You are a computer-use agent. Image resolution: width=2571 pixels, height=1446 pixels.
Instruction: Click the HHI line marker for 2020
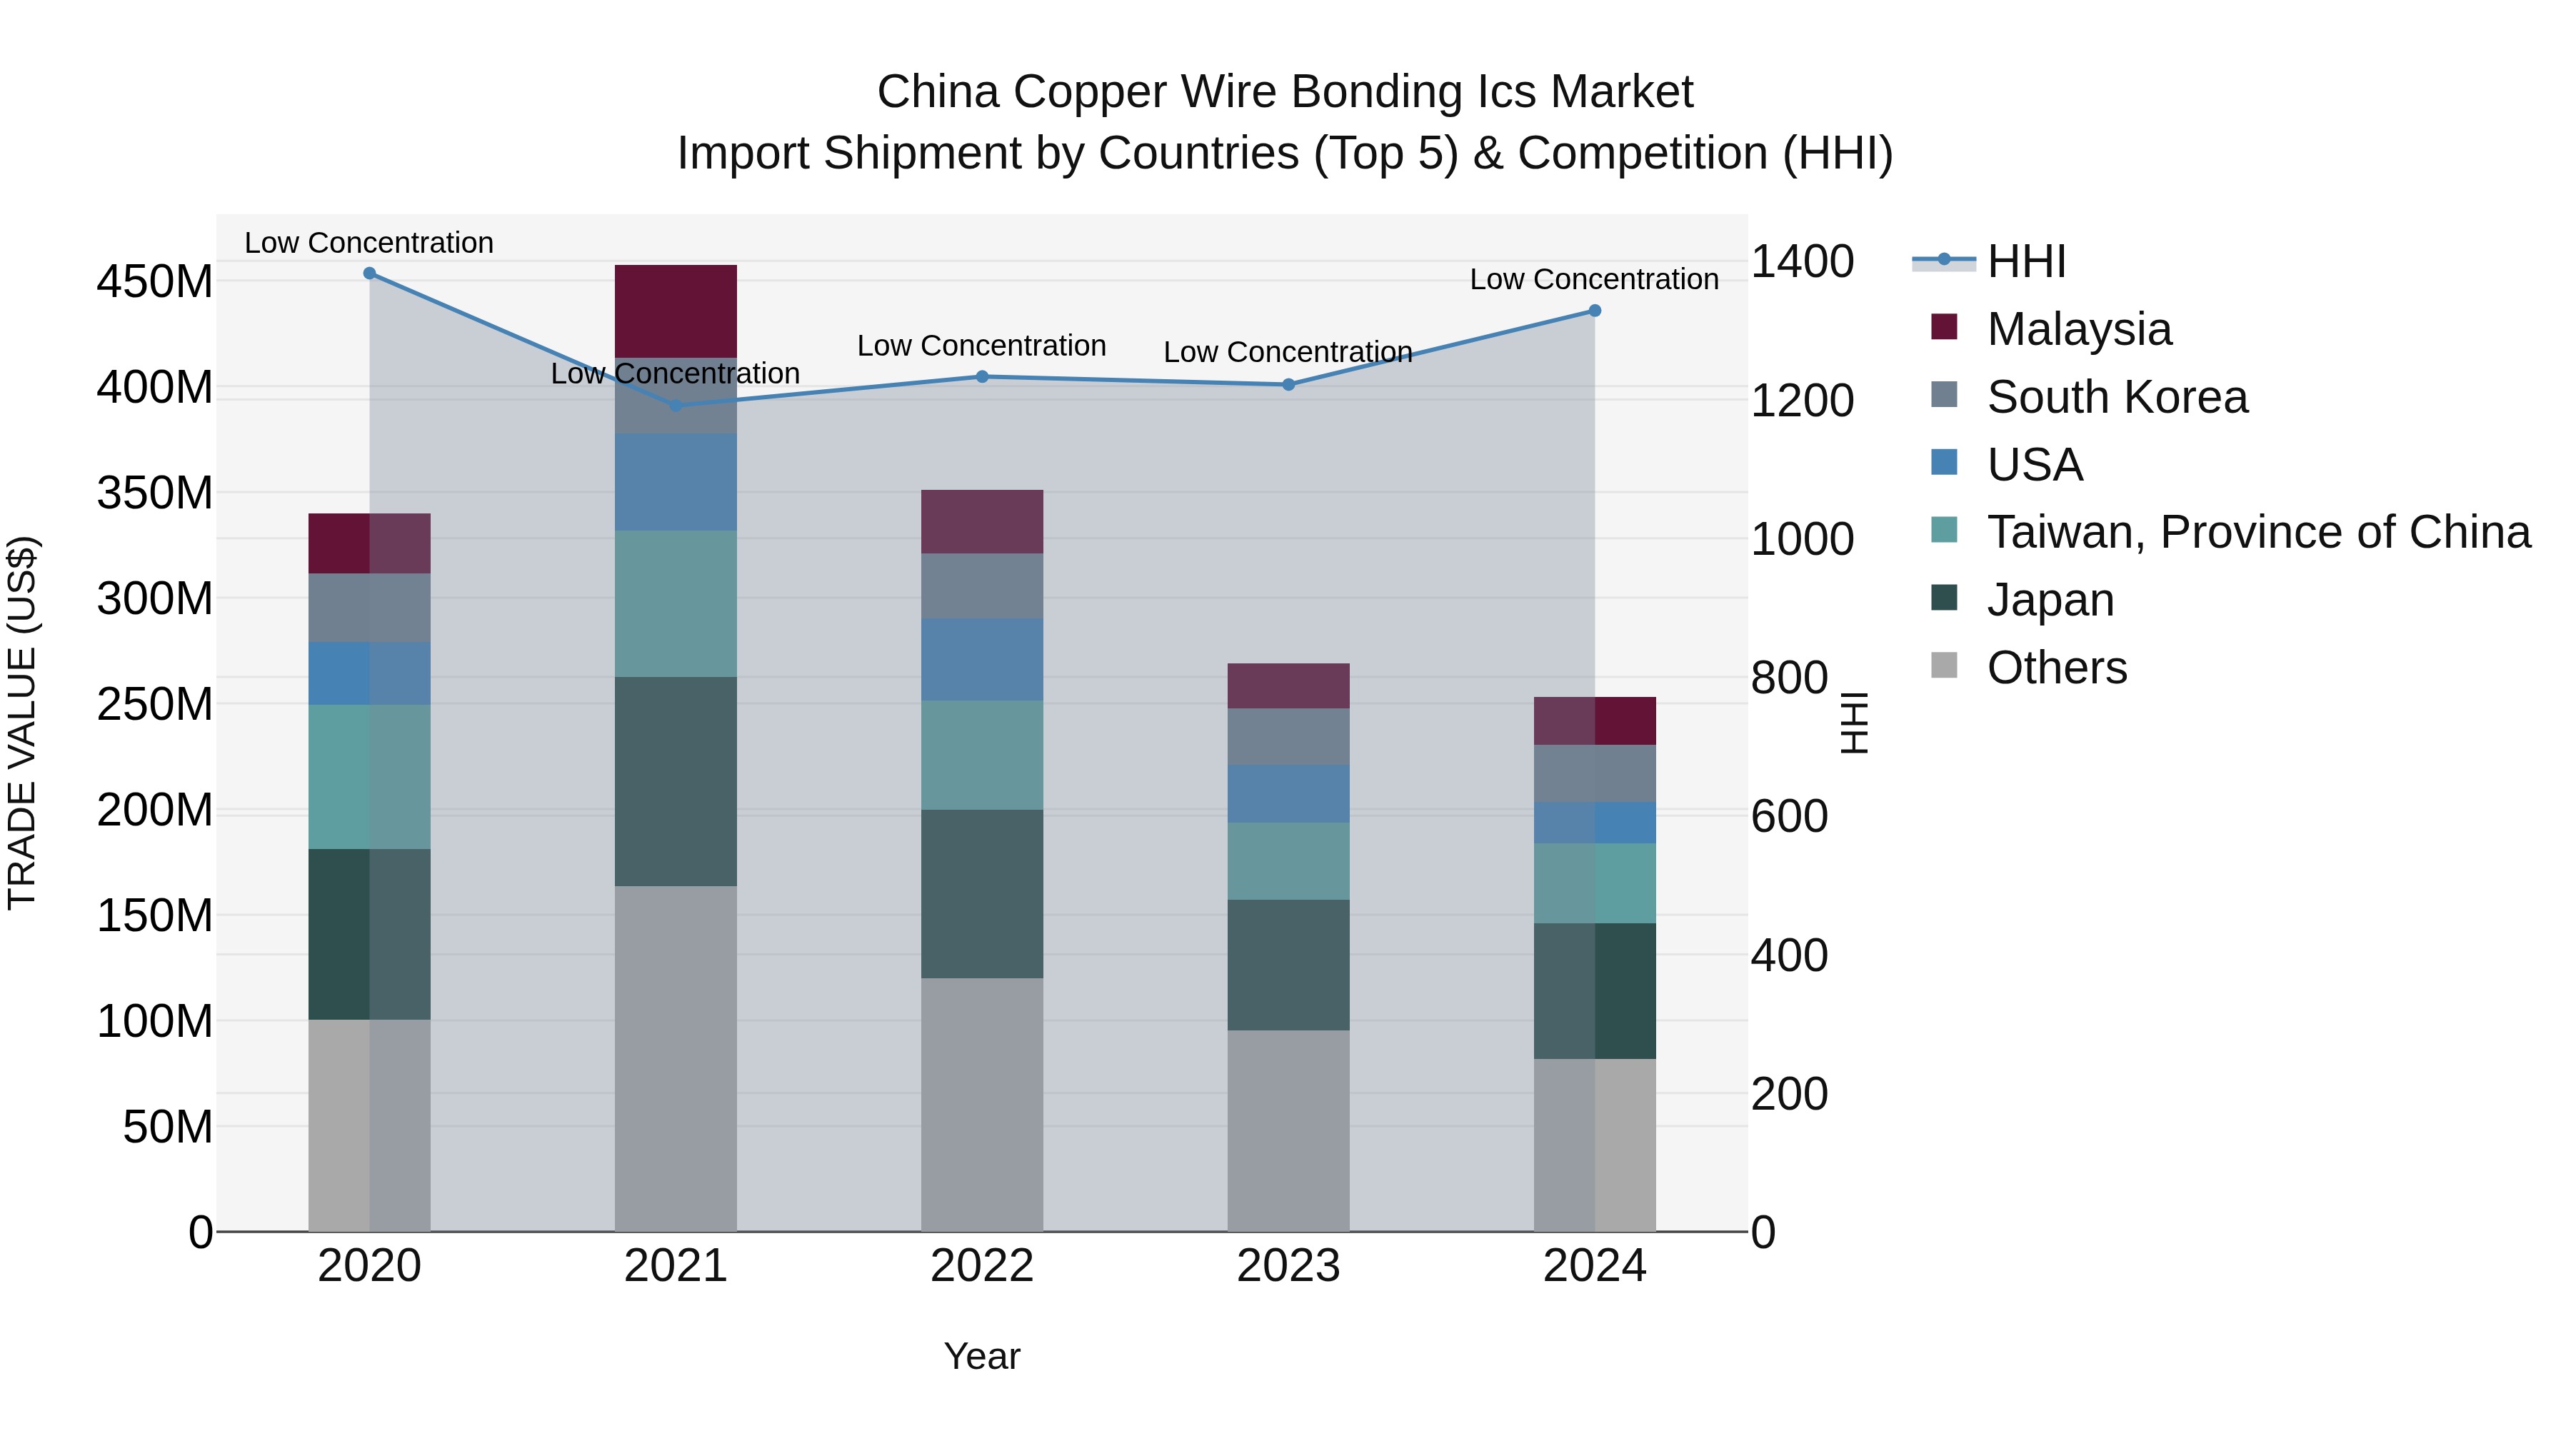click(369, 273)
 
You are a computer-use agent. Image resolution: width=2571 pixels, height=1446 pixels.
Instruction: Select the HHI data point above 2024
click(1594, 311)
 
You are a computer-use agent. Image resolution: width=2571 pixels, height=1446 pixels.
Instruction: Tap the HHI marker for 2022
click(982, 377)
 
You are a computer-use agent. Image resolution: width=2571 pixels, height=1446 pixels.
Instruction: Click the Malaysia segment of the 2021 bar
click(676, 311)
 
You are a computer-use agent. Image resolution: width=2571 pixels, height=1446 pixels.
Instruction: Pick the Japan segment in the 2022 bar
click(982, 893)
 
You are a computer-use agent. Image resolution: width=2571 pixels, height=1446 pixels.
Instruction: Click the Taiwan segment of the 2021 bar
click(676, 603)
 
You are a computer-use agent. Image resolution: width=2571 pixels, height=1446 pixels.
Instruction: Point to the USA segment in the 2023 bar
click(1288, 794)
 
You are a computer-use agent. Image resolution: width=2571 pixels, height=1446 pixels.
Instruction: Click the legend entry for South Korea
click(2116, 397)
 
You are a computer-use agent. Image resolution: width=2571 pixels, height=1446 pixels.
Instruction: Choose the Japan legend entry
click(2049, 600)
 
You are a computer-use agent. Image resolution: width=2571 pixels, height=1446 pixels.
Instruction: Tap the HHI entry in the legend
click(2025, 261)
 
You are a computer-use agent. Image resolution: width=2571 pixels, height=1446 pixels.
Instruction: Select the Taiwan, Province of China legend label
click(2257, 532)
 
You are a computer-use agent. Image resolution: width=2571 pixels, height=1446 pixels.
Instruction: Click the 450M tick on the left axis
click(155, 281)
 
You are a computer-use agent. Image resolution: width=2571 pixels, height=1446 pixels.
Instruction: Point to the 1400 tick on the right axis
click(1803, 261)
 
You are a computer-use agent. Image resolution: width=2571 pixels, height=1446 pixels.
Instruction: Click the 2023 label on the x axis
click(1288, 1265)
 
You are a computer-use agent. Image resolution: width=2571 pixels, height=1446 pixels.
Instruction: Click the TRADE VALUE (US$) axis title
click(23, 723)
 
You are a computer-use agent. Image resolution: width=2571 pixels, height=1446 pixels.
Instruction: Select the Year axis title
click(982, 1356)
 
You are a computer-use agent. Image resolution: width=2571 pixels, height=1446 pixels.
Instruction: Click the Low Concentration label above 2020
click(369, 243)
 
